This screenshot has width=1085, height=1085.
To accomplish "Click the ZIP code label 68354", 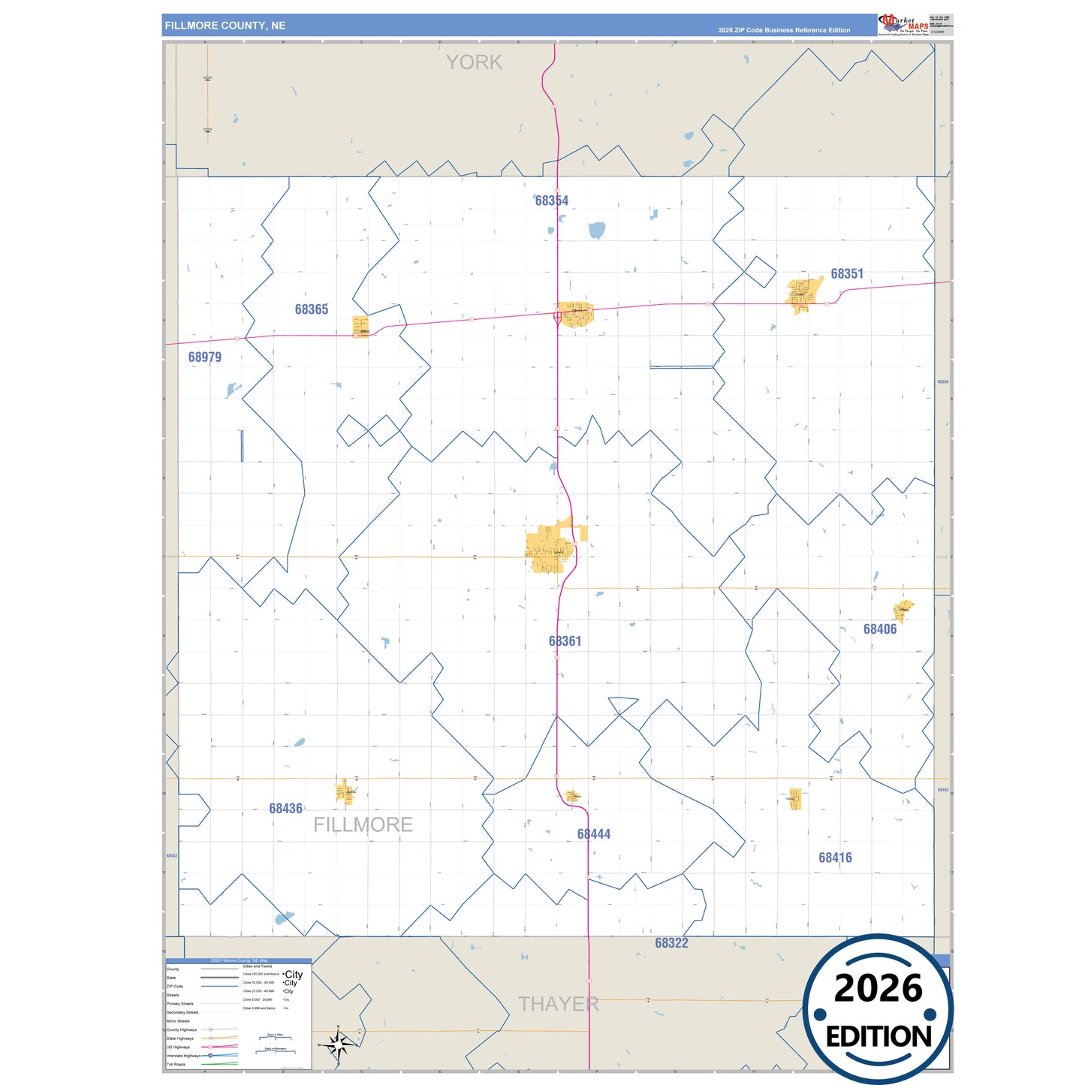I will (551, 200).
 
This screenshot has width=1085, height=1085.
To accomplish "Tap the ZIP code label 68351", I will (846, 274).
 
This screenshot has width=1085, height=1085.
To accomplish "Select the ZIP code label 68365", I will (311, 309).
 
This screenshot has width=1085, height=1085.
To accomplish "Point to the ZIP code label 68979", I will (204, 357).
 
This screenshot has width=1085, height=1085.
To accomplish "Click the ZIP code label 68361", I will (565, 641).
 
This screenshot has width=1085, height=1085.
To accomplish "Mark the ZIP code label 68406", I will (879, 629).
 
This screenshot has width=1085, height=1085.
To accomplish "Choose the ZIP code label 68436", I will (285, 809).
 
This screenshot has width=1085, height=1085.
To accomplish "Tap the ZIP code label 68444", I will (593, 834).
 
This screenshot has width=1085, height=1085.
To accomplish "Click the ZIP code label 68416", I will (835, 857).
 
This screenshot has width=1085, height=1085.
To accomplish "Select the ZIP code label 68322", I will (671, 943).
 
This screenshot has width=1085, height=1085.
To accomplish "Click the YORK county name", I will (474, 62).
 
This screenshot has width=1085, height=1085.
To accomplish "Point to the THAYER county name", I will (559, 1004).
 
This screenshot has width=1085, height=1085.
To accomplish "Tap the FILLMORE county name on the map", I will (363, 824).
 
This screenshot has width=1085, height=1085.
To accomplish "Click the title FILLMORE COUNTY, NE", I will (225, 26).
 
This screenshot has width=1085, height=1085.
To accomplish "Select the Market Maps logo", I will (904, 25).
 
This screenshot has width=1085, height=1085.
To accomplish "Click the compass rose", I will (339, 1044).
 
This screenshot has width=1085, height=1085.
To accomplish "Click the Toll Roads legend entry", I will (176, 1064).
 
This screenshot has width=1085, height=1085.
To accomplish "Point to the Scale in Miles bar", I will (275, 1037).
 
